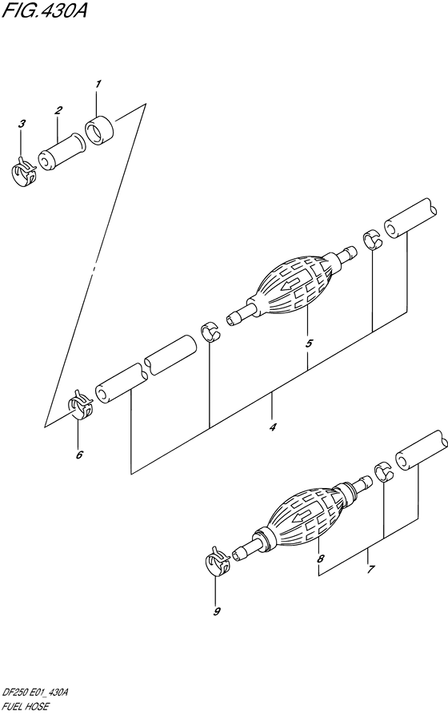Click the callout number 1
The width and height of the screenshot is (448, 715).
click(98, 84)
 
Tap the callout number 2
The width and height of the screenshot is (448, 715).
click(58, 110)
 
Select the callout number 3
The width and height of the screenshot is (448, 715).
click(22, 124)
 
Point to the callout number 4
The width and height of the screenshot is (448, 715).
click(273, 427)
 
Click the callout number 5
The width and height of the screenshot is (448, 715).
click(309, 344)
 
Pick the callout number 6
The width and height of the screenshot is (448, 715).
click(79, 455)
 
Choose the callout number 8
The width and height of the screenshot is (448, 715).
click(320, 558)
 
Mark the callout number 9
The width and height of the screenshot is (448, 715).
click(217, 611)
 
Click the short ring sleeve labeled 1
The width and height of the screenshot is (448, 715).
click(100, 130)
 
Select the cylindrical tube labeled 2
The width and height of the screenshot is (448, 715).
click(60, 152)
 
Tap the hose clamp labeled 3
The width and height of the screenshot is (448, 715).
click(23, 173)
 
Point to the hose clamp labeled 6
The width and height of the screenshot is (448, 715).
click(81, 404)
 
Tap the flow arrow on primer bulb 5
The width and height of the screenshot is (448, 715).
click(293, 284)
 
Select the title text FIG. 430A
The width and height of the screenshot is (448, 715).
click(45, 10)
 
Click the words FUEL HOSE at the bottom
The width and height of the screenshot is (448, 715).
click(26, 707)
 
